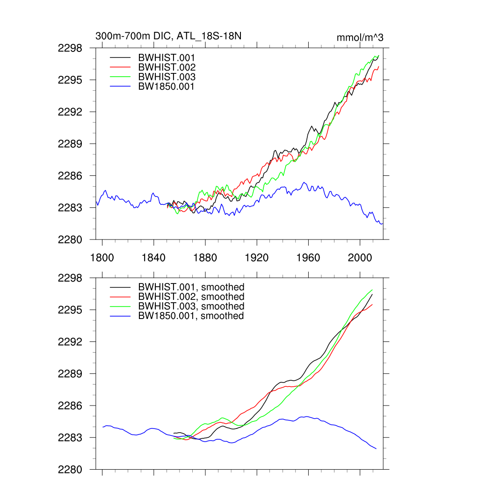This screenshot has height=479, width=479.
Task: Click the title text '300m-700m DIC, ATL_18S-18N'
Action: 168,36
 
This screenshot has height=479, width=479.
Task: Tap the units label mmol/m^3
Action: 360,37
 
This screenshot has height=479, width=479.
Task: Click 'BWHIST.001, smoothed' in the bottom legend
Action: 191,287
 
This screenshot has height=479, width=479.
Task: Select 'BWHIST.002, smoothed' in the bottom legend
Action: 191,297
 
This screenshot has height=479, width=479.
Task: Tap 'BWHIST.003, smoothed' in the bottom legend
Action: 191,306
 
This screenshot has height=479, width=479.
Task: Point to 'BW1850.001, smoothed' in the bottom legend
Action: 191,316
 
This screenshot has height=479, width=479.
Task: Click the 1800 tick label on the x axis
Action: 102,258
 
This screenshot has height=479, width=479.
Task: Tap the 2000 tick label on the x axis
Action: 360,258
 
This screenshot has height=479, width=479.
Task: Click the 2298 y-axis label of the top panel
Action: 70,48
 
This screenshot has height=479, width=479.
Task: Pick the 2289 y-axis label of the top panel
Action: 70,144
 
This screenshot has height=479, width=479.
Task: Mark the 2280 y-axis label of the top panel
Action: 70,239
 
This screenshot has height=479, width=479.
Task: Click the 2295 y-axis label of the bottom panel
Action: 70,310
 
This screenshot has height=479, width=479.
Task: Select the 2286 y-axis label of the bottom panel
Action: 70,406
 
